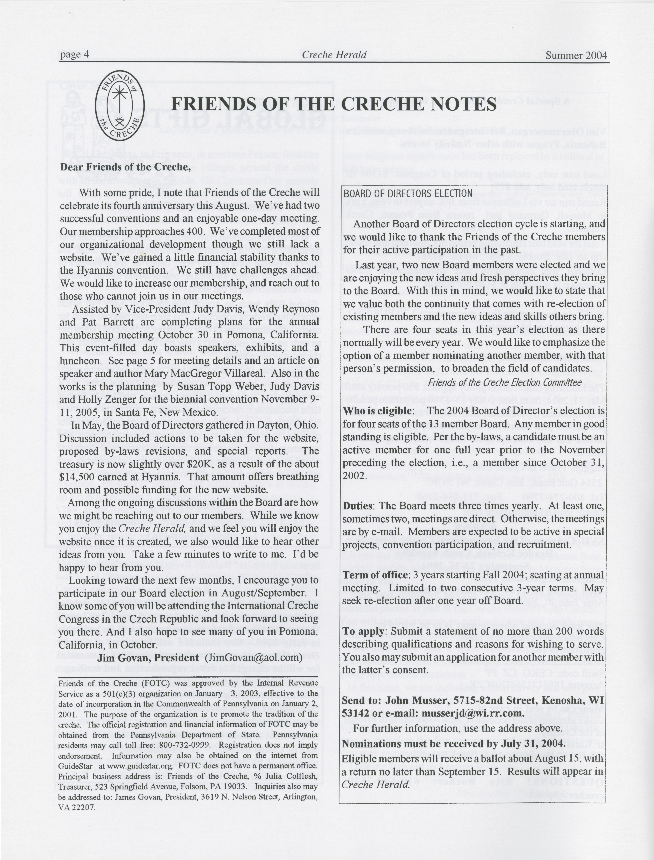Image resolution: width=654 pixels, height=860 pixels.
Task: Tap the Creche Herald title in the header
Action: (334, 55)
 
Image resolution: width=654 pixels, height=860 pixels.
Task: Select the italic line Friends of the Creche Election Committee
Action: (505, 382)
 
